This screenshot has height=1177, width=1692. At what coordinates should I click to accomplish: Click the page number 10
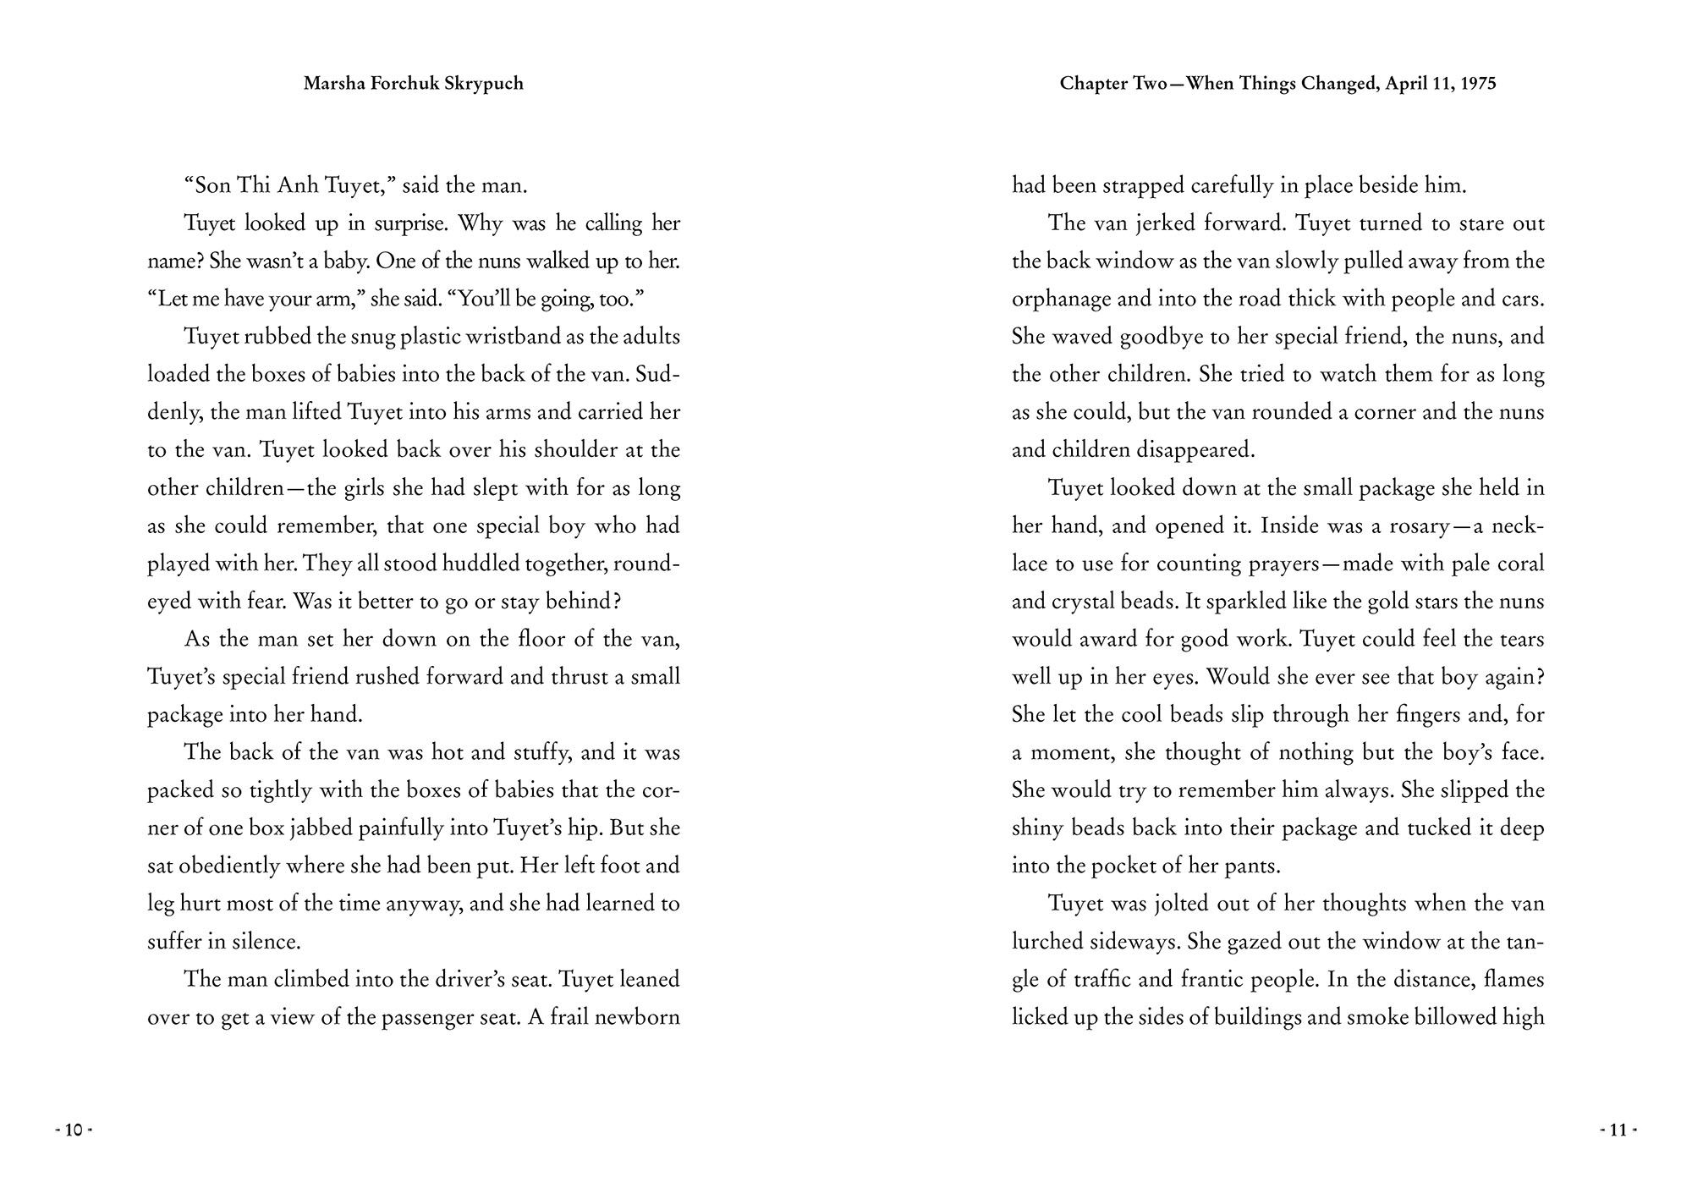point(74,1130)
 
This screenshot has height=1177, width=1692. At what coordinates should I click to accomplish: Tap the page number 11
point(1618,1130)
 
